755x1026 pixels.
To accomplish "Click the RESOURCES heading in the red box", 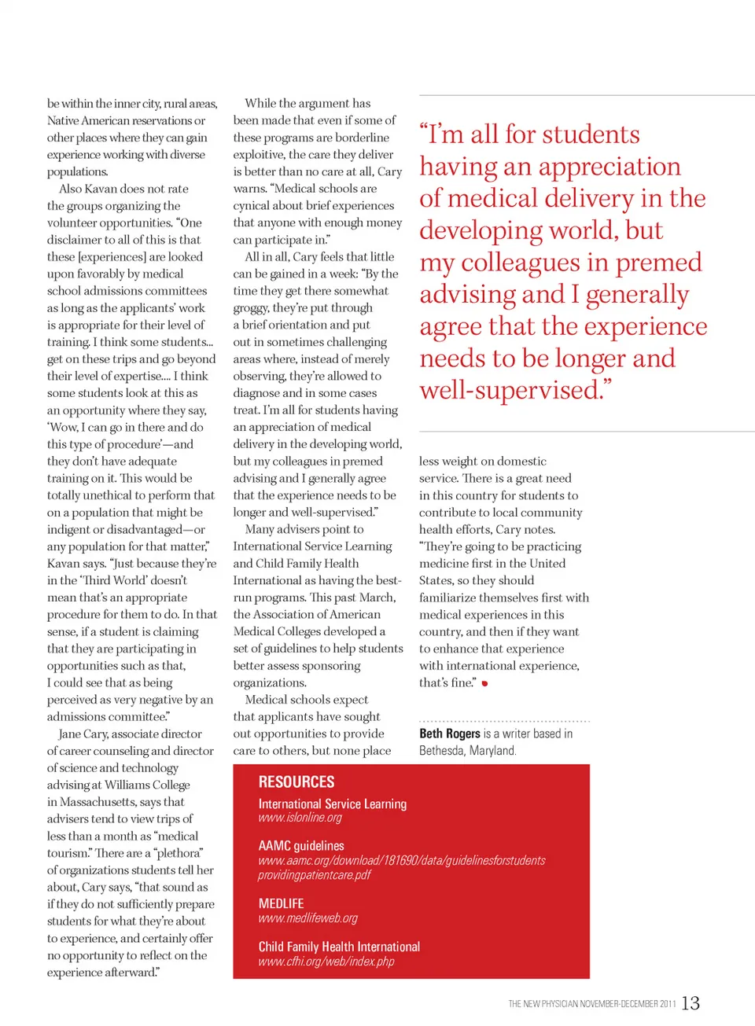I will click(296, 781).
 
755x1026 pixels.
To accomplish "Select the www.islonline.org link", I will click(300, 818).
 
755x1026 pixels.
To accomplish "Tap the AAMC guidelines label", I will click(301, 846).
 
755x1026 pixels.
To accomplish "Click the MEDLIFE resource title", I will click(281, 904).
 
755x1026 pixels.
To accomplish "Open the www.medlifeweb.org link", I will click(308, 918).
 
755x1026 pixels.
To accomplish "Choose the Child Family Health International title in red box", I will click(339, 947).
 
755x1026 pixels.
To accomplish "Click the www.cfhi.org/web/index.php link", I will click(326, 962).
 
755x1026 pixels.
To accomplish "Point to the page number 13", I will click(691, 1003).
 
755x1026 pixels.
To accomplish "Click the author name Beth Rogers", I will click(449, 734).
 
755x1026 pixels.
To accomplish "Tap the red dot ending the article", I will click(485, 683).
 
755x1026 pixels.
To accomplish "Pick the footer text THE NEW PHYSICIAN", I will click(543, 1004).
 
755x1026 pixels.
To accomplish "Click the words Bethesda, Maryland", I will click(467, 751).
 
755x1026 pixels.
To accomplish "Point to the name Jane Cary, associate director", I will click(130, 734).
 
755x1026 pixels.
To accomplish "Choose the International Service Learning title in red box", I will click(332, 804).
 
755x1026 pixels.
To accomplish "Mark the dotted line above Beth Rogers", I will click(504, 721).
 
